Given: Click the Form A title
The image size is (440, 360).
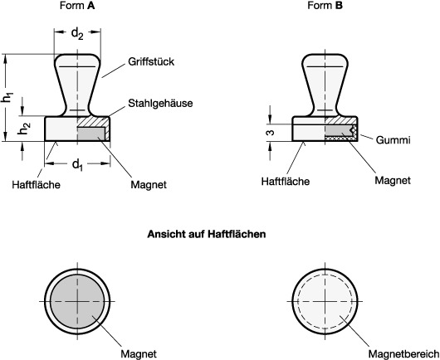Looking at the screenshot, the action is point(77,6).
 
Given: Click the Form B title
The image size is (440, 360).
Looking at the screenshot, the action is point(325,6).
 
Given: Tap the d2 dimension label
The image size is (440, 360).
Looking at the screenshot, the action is point(77,34).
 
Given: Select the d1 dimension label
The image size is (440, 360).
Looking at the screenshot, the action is point(78,164).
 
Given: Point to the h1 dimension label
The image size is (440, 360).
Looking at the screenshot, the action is point(7,97).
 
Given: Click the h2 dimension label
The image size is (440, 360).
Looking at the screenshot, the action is point(24,128).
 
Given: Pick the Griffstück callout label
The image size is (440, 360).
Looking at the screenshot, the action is point(151,62).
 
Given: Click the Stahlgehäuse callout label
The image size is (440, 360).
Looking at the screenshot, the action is point(160,103).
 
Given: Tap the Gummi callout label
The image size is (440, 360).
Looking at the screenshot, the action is point(393,140).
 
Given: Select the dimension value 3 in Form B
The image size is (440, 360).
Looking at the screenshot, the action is point(271,133).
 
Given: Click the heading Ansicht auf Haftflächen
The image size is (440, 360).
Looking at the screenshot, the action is point(207,234).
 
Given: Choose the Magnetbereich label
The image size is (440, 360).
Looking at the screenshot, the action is point(403,354).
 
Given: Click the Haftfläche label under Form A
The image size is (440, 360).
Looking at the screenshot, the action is point(36,185).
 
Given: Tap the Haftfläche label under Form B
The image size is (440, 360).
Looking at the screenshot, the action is point(286,182).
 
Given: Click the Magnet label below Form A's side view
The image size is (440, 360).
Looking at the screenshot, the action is point(149,185).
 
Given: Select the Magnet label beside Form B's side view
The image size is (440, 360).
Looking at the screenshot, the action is point(393,180).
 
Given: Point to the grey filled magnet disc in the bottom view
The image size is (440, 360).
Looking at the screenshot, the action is point(77,301).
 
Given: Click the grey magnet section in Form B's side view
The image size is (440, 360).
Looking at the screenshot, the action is point(338,131).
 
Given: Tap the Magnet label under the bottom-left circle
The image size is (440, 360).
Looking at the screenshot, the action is point(139,354).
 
